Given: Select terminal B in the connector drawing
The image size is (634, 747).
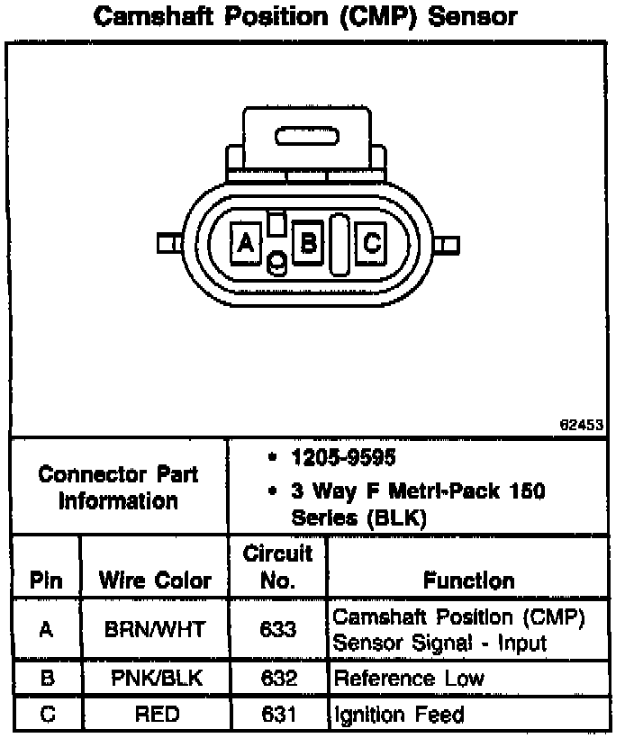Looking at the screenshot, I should [x=307, y=242].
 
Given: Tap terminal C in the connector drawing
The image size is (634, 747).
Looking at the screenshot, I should [x=372, y=242].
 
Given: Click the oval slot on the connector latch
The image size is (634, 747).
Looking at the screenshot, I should [x=305, y=136].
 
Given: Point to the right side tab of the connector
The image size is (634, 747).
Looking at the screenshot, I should [x=449, y=244].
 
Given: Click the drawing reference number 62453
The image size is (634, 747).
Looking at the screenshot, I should [x=581, y=426].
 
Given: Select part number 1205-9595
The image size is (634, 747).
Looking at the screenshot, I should [x=343, y=457].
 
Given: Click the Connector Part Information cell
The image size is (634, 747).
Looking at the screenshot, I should [x=118, y=487].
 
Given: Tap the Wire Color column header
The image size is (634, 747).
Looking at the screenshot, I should [x=155, y=580].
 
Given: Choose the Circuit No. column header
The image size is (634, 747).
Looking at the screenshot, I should [x=277, y=567].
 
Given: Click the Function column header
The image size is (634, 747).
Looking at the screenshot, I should [x=468, y=580].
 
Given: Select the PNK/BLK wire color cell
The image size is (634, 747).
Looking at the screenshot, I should [x=155, y=679].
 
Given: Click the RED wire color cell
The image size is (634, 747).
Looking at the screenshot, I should [x=155, y=715].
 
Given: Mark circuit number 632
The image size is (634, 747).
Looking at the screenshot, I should [x=277, y=679].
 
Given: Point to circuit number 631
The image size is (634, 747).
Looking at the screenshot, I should [x=277, y=715].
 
